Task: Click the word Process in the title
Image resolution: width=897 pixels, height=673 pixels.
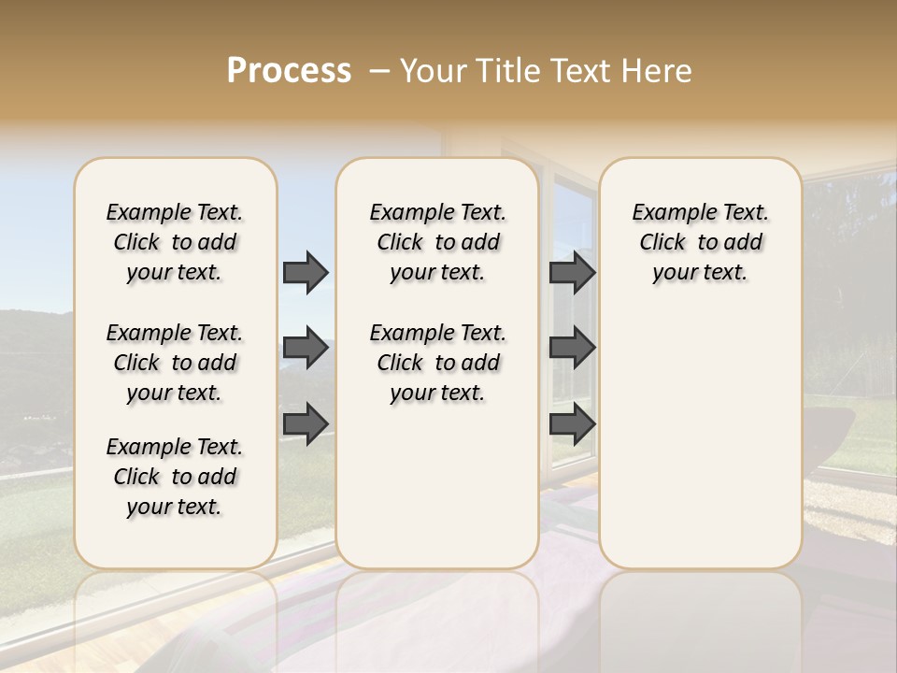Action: click(x=289, y=71)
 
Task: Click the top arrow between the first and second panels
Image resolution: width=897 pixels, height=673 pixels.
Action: click(x=306, y=273)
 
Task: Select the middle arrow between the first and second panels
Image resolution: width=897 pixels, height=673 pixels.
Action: click(x=306, y=349)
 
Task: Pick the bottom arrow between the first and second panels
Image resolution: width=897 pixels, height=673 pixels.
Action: click(x=306, y=423)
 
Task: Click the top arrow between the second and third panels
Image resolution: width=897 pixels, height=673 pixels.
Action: click(x=572, y=273)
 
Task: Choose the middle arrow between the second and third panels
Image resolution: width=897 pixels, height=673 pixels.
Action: click(x=572, y=349)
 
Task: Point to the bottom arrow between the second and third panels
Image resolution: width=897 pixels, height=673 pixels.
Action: click(x=572, y=423)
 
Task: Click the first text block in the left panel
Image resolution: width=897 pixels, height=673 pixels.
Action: click(x=175, y=242)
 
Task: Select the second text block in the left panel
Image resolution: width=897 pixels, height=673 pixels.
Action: click(x=175, y=363)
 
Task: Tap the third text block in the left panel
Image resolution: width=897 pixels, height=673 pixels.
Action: click(x=175, y=477)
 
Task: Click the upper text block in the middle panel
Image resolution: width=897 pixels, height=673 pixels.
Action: click(x=437, y=242)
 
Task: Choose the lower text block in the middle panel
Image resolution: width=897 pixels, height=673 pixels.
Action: click(x=437, y=363)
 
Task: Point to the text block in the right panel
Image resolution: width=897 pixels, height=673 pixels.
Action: click(x=701, y=242)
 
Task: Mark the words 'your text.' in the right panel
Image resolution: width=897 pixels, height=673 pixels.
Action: click(x=701, y=272)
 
